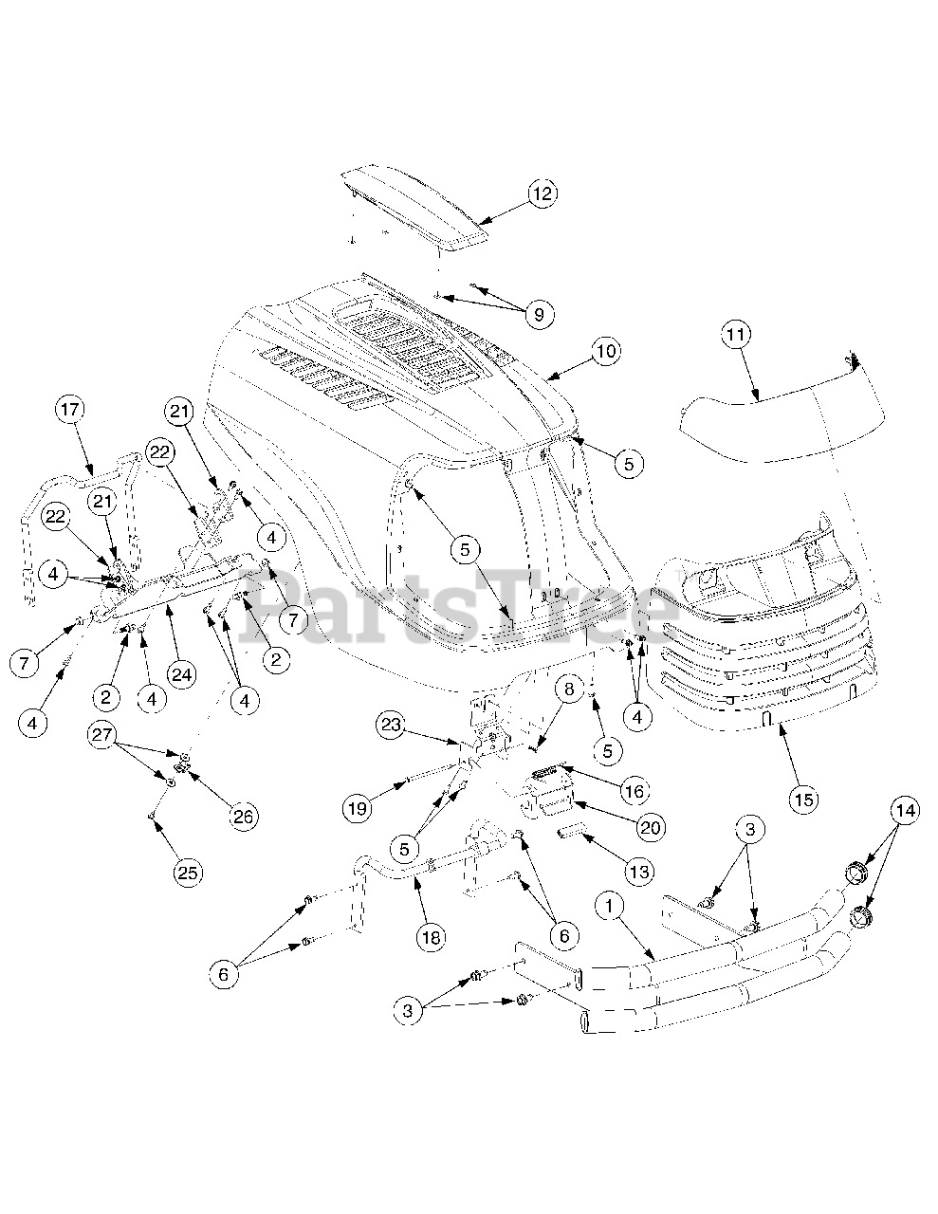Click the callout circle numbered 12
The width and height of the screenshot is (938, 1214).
point(542,194)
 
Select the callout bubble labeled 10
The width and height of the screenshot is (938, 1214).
point(606,352)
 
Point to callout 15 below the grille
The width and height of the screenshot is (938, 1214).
point(803,800)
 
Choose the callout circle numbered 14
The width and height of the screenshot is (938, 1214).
point(905,811)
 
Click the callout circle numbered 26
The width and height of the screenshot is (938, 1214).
point(245,817)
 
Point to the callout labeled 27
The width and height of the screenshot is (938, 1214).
point(103,735)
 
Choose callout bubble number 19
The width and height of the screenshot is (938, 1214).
point(357,807)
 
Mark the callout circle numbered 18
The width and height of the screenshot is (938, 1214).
point(431,936)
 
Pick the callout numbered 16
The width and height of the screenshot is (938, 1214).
point(634,790)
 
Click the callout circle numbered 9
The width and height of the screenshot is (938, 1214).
point(539,315)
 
